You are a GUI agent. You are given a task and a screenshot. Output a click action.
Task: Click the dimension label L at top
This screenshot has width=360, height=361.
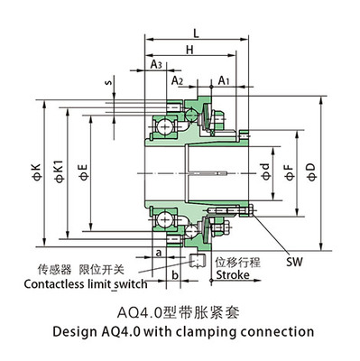(x=197, y=33)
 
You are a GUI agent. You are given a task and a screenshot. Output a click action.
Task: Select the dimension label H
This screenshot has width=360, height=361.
(x=189, y=51)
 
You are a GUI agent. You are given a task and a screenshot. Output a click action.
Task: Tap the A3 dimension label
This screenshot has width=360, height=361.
(x=155, y=65)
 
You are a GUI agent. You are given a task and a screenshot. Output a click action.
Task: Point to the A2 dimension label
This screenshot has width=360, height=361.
(x=178, y=81)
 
